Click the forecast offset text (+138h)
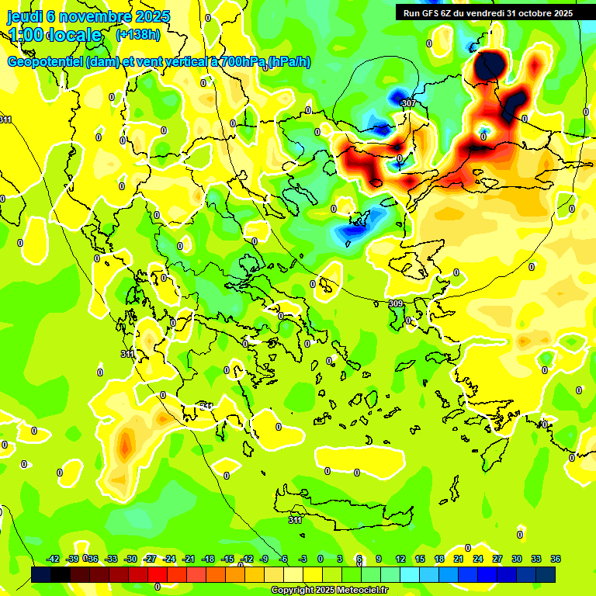(137, 35)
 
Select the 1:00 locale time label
(56, 35)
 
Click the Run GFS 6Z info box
(488, 12)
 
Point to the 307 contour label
(409, 102)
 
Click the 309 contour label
(396, 303)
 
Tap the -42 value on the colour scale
(54, 559)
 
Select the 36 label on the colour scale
(556, 559)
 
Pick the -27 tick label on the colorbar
(150, 559)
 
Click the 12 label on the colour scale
(400, 559)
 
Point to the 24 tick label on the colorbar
(478, 559)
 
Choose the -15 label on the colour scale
(227, 559)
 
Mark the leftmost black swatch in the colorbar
(41, 574)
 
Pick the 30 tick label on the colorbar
(517, 559)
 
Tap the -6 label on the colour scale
(284, 559)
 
